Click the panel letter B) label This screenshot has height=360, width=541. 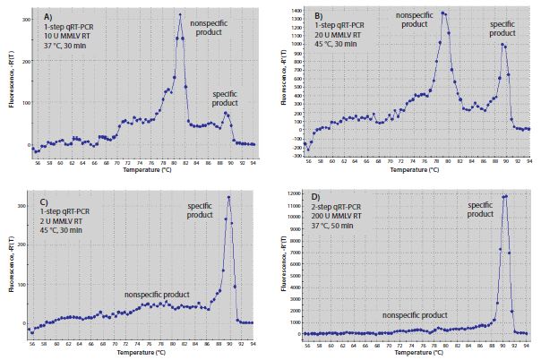pos(318,16)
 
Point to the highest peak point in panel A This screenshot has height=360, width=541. pos(180,14)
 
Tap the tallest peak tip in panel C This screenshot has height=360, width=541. pos(229,197)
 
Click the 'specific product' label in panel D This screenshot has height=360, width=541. pos(481,210)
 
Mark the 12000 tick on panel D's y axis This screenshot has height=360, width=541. pos(289,193)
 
